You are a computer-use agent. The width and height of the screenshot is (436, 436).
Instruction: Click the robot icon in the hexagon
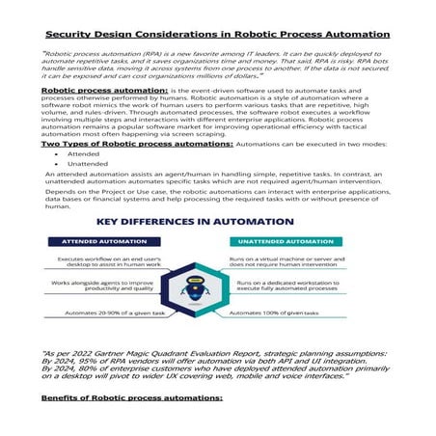pyautogui.click(x=217, y=285)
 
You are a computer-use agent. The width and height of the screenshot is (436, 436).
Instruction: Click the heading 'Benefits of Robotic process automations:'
pyautogui.click(x=132, y=397)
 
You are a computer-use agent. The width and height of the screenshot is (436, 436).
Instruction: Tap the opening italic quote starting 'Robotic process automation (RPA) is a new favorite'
pyautogui.click(x=217, y=63)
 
